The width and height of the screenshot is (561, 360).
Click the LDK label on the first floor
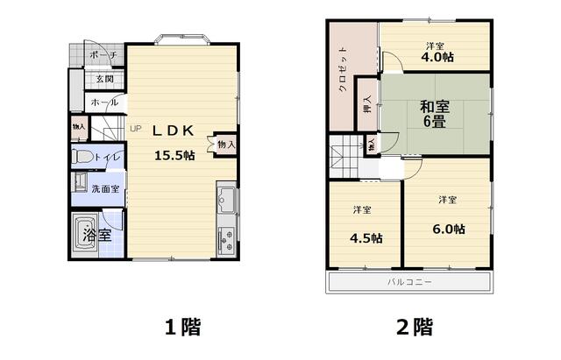pos(174,131)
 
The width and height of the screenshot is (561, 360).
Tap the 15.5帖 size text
pos(174,155)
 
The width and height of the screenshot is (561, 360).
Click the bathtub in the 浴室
pos(85,235)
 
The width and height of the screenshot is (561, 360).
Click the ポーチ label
pos(103,55)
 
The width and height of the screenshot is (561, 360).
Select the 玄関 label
pos(105,79)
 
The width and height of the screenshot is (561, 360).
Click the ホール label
pos(104,102)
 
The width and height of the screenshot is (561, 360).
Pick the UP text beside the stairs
pos(136,129)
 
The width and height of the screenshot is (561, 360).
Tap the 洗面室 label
pos(105,188)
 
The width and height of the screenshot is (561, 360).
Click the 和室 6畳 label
pos(435,115)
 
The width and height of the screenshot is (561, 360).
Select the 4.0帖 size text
pos(437,57)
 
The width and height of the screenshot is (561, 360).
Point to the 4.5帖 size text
pos(366,238)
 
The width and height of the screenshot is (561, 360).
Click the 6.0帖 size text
pos(449,229)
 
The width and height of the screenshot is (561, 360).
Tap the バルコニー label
pos(409,282)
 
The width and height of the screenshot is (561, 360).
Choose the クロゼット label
pos(343,69)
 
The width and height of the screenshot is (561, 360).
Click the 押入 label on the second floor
pos(367,104)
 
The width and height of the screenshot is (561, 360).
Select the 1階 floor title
pos(182,327)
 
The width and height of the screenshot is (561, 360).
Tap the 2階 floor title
pos(415,327)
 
